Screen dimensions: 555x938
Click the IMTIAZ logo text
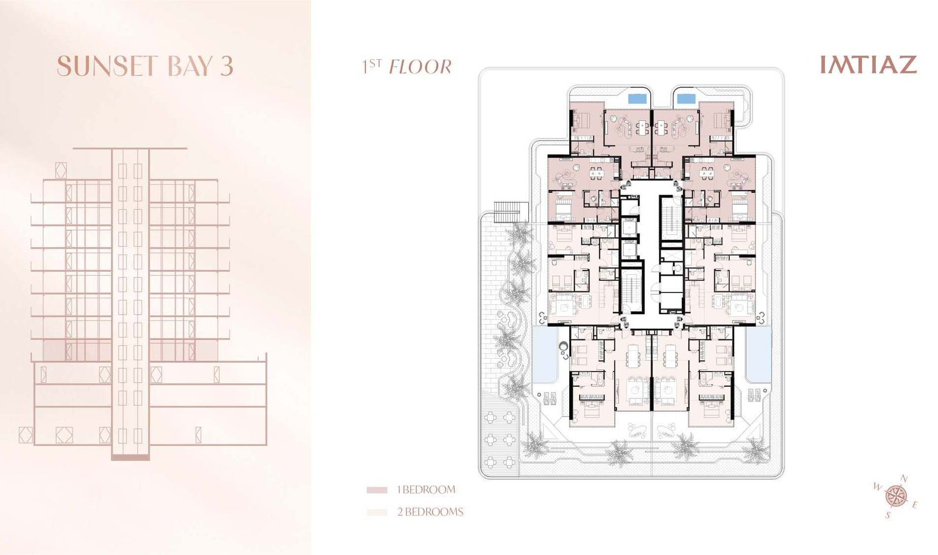pos(868,64)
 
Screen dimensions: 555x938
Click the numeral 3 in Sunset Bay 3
pos(227,66)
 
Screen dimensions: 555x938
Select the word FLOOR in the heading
pos(420,67)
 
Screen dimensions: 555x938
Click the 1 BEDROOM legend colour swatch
pos(377,490)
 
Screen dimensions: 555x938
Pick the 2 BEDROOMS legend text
pos(430,512)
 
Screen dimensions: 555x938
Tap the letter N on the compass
pos(903,479)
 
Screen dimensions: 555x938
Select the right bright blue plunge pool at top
pos(686,98)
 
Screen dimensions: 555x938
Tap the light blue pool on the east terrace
pos(758,352)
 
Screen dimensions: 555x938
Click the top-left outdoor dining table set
pos(491,418)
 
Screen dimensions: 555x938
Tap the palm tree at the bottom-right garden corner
pos(756,451)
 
